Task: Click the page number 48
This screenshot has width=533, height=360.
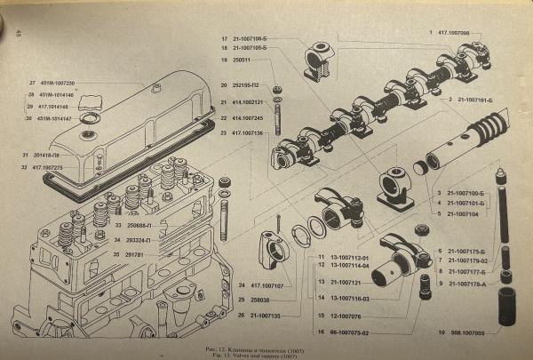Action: tap(18, 34)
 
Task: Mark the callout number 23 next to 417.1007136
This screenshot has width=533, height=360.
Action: tap(225, 132)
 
